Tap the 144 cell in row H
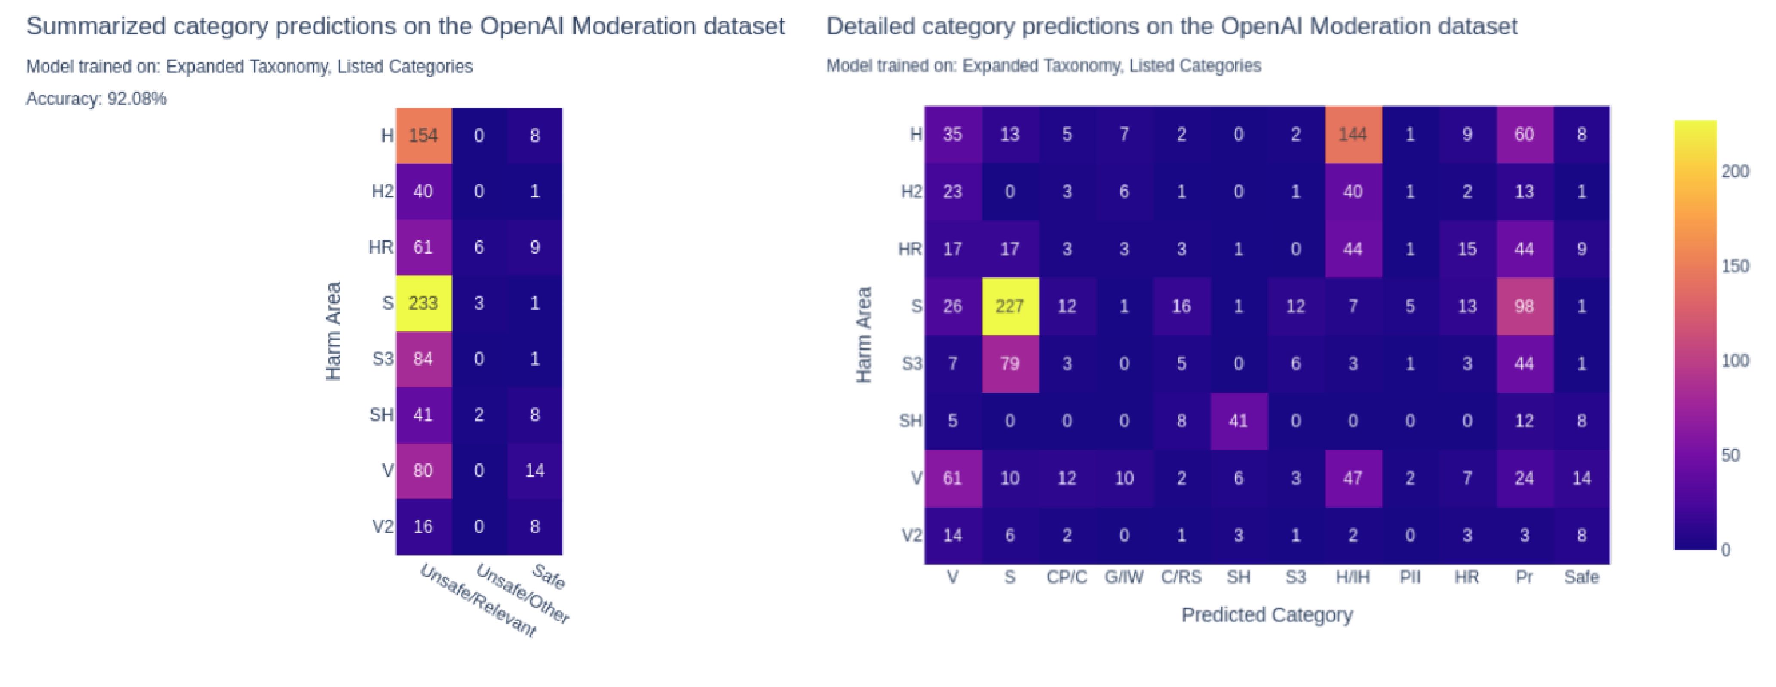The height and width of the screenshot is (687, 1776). (x=1353, y=135)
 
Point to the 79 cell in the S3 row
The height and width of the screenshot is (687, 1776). (x=1009, y=364)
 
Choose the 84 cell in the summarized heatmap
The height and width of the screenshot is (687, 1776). (x=423, y=359)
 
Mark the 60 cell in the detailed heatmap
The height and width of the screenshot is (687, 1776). (x=1524, y=135)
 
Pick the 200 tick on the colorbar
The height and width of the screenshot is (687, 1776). (x=1735, y=172)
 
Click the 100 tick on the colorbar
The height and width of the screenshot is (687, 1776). (x=1735, y=361)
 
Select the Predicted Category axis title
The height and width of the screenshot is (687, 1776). (x=1267, y=615)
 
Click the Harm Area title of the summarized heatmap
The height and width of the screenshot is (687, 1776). (x=334, y=331)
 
